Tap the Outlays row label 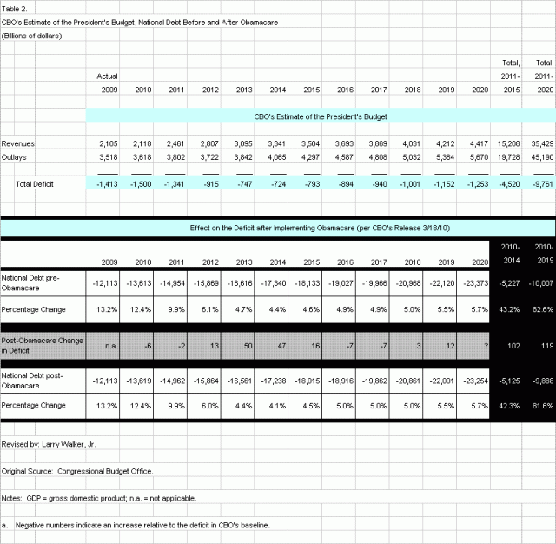[x=17, y=157]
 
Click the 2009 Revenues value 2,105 [x=107, y=143]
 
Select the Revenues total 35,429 [x=539, y=143]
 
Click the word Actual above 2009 [x=107, y=76]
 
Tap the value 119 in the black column [x=540, y=346]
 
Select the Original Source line [x=77, y=471]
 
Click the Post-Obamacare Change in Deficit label [x=43, y=346]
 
